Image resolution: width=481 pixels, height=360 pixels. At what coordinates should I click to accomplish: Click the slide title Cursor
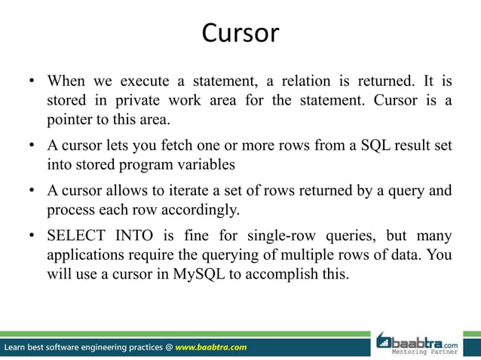pos(240,34)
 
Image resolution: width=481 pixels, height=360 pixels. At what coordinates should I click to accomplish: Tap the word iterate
pos(193,191)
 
